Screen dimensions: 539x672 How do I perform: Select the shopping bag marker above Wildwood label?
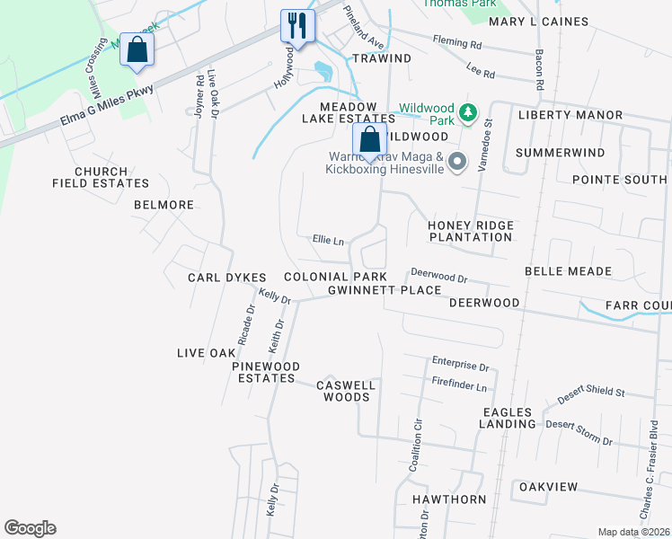(368, 140)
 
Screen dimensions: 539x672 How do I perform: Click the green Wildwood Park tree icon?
(467, 112)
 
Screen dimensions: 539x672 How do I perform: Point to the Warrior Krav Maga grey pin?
(457, 163)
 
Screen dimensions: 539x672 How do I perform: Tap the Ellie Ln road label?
(328, 241)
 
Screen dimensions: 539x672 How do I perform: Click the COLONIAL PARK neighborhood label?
(335, 277)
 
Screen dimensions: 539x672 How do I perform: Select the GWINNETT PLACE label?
(385, 290)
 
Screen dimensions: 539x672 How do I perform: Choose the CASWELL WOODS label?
(345, 391)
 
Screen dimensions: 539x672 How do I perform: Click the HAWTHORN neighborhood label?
(448, 499)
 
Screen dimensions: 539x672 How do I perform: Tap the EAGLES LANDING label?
(506, 418)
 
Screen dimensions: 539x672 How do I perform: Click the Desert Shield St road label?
(590, 391)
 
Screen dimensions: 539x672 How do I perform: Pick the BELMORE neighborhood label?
(164, 205)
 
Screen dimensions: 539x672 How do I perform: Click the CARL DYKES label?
(222, 278)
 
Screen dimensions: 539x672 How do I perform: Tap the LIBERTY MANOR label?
(570, 116)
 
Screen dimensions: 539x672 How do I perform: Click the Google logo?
(30, 528)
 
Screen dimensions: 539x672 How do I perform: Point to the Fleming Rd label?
(456, 43)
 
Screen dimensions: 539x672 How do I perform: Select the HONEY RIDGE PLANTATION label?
(470, 231)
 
